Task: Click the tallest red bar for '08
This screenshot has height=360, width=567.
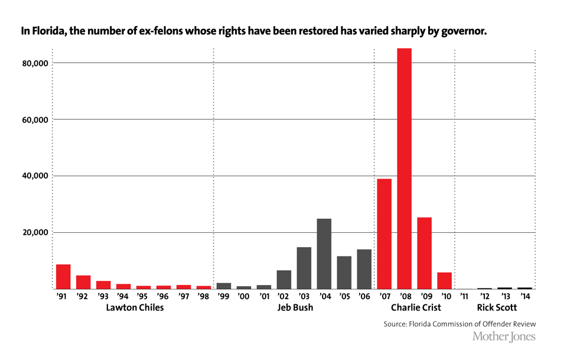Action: [x=405, y=168]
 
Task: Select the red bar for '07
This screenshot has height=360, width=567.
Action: [x=384, y=233]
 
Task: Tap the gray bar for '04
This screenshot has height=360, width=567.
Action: [x=324, y=254]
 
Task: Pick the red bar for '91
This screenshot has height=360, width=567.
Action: [x=63, y=277]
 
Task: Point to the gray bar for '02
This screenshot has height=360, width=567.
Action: [x=284, y=280]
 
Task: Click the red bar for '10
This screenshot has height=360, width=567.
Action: [x=445, y=281]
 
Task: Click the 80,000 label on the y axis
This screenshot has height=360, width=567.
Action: [x=34, y=63]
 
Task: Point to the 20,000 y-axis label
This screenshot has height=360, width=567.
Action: [x=34, y=232]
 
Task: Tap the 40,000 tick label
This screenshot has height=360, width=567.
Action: [x=34, y=176]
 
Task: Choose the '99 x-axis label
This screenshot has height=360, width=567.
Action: [x=223, y=297]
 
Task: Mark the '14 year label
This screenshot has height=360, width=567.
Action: [x=524, y=297]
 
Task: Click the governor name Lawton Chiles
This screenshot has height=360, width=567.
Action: [x=135, y=308]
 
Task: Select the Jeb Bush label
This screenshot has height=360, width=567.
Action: [x=295, y=308]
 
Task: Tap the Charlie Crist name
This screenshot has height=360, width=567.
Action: [x=416, y=308]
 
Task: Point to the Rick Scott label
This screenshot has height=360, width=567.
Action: [x=497, y=308]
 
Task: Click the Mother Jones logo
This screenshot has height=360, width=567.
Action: [x=504, y=336]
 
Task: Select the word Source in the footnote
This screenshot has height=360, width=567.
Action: [x=396, y=325]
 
